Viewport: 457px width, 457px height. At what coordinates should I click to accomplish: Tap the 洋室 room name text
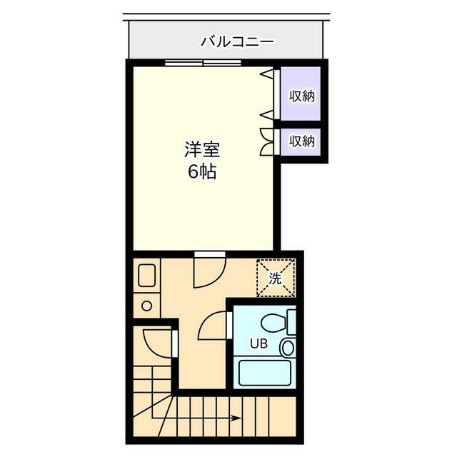(202, 151)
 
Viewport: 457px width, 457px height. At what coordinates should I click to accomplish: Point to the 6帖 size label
(202, 172)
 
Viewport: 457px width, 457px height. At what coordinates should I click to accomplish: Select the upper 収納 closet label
(301, 96)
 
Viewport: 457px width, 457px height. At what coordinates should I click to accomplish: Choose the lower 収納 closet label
(301, 141)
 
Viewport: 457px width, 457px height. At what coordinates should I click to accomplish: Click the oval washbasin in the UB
(286, 348)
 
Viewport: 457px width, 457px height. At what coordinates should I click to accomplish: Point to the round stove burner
(147, 306)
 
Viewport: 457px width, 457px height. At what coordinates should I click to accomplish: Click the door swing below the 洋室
(209, 270)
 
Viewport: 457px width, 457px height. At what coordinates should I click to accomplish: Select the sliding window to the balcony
(202, 63)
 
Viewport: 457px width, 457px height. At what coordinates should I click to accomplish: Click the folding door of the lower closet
(266, 141)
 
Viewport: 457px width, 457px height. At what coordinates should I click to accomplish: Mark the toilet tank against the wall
(291, 321)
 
